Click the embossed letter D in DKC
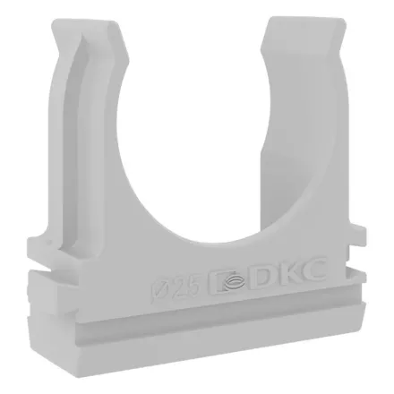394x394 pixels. coord(263,276)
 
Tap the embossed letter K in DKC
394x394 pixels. coord(287,272)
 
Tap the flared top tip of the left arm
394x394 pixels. coord(87,25)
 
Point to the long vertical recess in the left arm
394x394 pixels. coord(73,143)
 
